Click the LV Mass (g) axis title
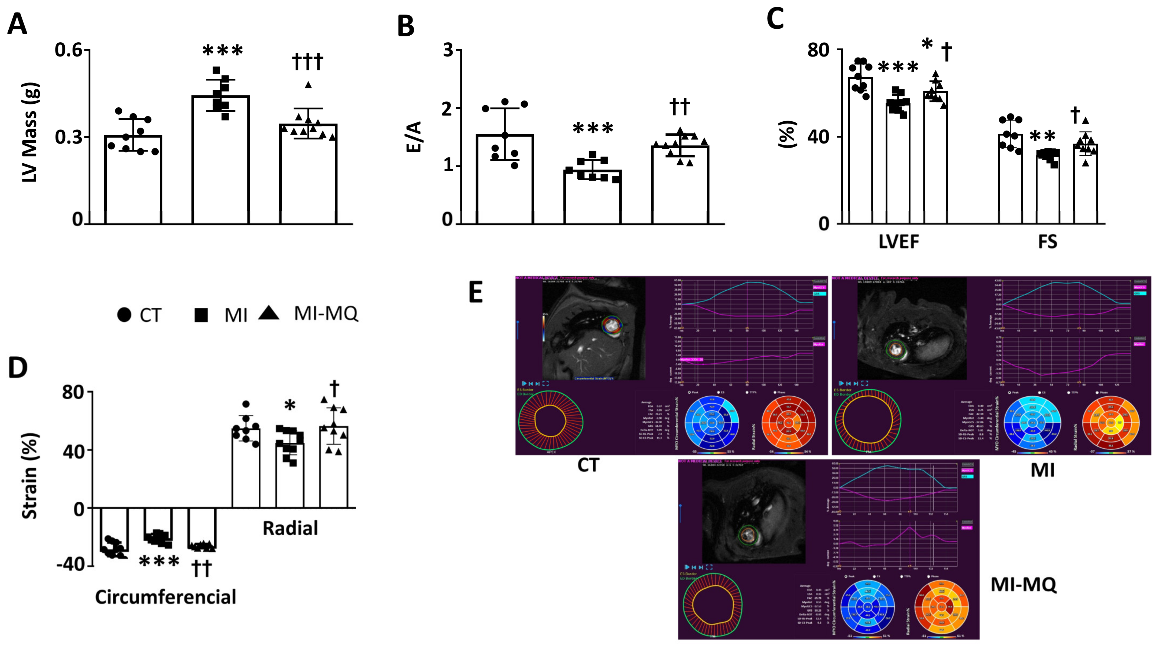tap(30, 132)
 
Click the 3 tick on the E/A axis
tap(448, 50)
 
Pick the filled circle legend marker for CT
tap(124, 315)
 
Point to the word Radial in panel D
tap(290, 528)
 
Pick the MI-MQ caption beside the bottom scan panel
tap(1023, 585)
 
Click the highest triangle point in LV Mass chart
tap(308, 85)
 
